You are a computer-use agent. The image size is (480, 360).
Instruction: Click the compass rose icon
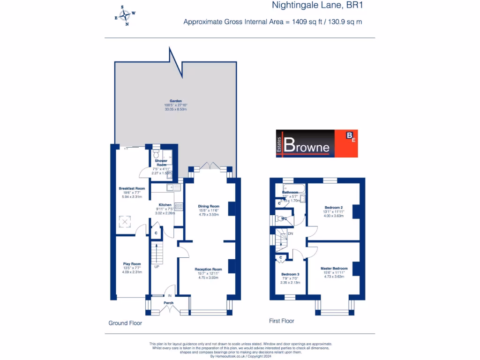[x=125, y=15]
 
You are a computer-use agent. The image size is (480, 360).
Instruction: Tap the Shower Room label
[x=161, y=163]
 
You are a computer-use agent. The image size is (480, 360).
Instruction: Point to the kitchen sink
[x=171, y=187]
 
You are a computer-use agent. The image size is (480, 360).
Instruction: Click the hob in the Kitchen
[x=178, y=206]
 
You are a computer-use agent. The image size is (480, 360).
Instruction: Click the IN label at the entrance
[x=170, y=295]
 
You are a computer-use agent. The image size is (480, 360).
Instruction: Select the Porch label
[x=169, y=303]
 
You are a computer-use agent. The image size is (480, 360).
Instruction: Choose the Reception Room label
[x=208, y=270]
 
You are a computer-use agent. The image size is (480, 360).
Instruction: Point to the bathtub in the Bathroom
[x=293, y=188]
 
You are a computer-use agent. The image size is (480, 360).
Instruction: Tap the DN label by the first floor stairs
[x=291, y=233]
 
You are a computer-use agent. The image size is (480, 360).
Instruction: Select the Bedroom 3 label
[x=290, y=274]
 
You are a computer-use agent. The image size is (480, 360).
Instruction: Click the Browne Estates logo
[x=316, y=143]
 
